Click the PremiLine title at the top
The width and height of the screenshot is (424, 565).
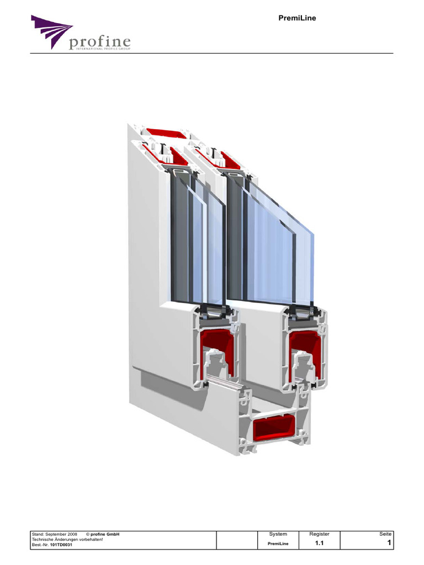coord(297,18)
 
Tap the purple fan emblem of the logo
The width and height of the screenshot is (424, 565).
coord(51,31)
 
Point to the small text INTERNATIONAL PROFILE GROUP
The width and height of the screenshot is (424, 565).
coord(103,49)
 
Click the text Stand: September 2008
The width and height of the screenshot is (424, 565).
coord(55,534)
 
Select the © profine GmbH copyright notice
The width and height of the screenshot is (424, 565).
coord(103,534)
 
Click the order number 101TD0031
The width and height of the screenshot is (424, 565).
coord(61,545)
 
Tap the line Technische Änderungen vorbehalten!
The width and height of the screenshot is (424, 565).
coord(67,540)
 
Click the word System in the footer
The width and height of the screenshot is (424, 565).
coord(278,534)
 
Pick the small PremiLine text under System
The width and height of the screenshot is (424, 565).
coord(278,543)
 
